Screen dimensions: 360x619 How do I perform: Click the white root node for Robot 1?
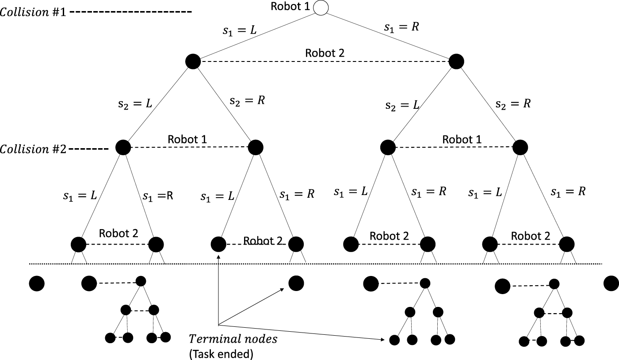tap(321, 8)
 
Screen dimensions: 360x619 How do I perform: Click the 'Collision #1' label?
tap(34, 12)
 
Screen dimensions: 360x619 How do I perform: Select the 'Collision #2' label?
tap(34, 149)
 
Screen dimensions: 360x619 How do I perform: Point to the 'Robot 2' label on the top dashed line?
tap(325, 53)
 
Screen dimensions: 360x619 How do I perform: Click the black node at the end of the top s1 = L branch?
tap(193, 61)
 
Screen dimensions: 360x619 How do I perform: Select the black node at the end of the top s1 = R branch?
tap(456, 61)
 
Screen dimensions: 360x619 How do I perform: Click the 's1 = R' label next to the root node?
tap(401, 27)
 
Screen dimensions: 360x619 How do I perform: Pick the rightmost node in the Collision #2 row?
tap(520, 147)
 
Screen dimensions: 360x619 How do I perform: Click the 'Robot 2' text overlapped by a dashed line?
tap(262, 241)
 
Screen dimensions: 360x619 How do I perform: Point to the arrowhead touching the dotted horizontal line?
tap(218, 256)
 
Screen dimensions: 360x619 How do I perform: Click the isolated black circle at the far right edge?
tap(611, 283)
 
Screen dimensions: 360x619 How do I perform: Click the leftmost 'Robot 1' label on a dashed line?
tap(187, 139)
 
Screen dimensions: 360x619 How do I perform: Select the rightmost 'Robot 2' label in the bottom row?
tap(531, 236)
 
